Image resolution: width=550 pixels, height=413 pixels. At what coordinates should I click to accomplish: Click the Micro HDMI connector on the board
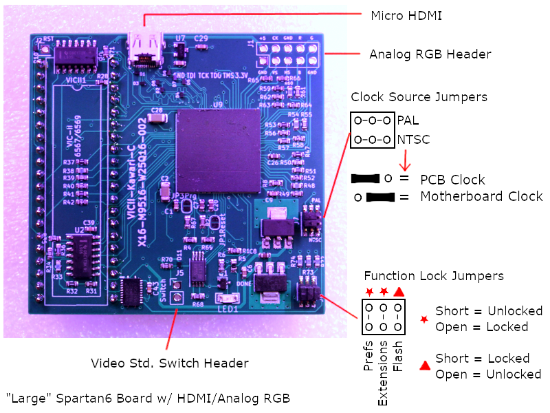click(144, 46)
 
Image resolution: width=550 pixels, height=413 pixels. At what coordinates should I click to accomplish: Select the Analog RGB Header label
click(430, 54)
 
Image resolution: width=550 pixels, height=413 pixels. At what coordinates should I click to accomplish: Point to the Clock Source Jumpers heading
click(419, 96)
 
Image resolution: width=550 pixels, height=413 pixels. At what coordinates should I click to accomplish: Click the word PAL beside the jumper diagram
click(408, 120)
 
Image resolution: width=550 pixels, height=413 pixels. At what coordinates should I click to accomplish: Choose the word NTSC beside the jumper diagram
click(413, 140)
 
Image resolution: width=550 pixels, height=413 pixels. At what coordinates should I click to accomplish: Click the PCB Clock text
click(452, 180)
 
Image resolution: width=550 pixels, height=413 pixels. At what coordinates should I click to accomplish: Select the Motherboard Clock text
click(481, 197)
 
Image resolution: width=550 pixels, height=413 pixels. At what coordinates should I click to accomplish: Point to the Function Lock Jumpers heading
click(434, 276)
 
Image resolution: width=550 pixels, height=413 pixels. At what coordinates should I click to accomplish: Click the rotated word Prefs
click(368, 357)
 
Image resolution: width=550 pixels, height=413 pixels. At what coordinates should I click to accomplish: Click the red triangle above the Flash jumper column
click(399, 291)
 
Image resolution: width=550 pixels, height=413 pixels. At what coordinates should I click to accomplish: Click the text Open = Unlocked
click(488, 374)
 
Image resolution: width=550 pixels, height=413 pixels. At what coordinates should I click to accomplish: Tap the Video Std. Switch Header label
click(170, 363)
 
